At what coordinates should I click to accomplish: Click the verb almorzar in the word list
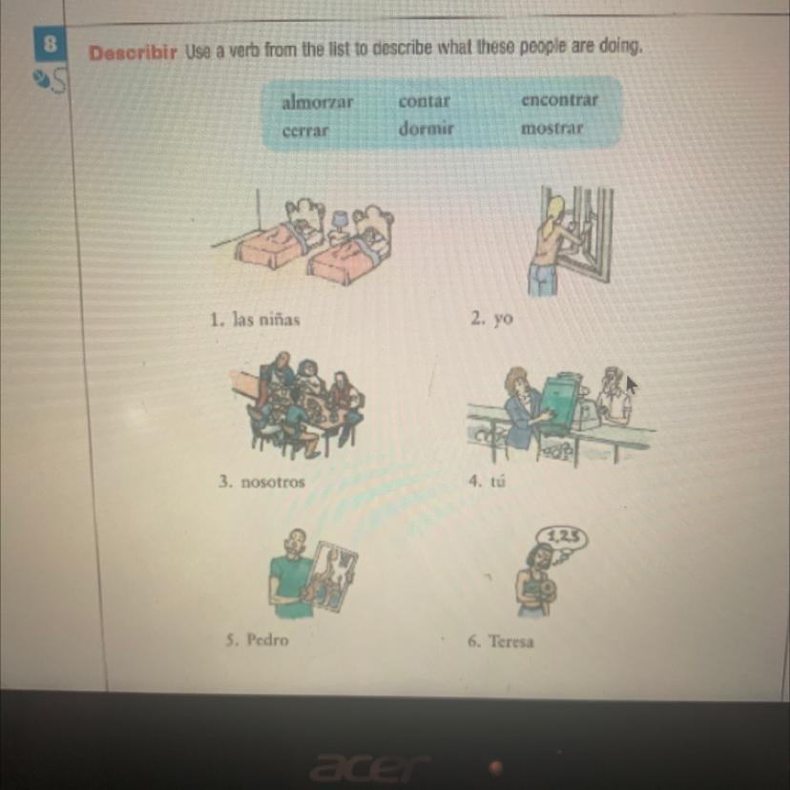(317, 102)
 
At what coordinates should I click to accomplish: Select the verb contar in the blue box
(424, 101)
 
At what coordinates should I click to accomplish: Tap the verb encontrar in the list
(559, 99)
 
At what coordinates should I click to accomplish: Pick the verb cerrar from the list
(305, 131)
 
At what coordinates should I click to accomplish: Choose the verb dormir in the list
(426, 129)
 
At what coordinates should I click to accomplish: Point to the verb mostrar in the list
(551, 128)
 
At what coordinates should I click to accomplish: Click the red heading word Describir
(133, 52)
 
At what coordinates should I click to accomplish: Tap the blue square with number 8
(50, 44)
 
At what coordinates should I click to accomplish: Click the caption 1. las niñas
(255, 320)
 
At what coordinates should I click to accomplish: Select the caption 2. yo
(491, 319)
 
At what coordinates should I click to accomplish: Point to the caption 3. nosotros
(261, 482)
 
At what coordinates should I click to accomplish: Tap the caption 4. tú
(487, 481)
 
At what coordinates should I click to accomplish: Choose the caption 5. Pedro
(257, 640)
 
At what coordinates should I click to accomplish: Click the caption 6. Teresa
(500, 641)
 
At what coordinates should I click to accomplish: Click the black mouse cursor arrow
(632, 385)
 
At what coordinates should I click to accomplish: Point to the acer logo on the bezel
(369, 767)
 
